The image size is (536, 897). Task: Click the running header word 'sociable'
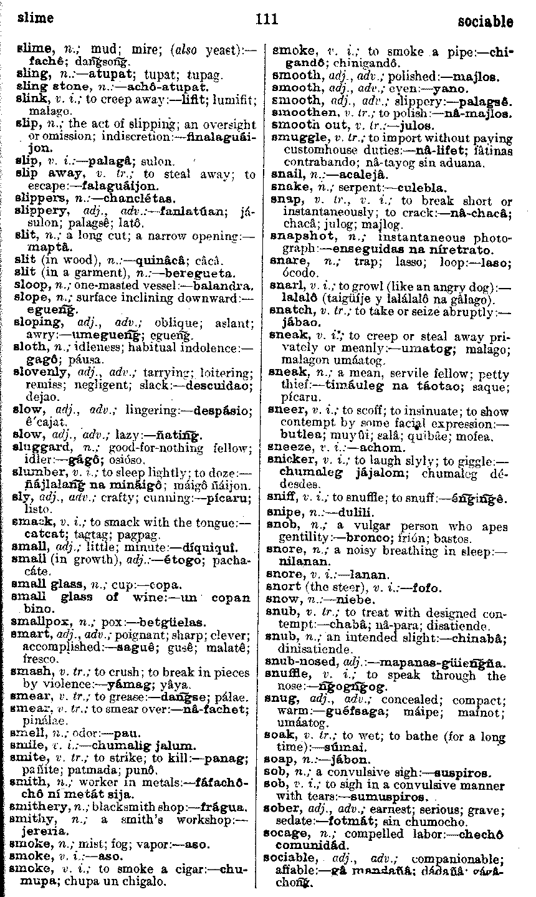coord(485,21)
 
